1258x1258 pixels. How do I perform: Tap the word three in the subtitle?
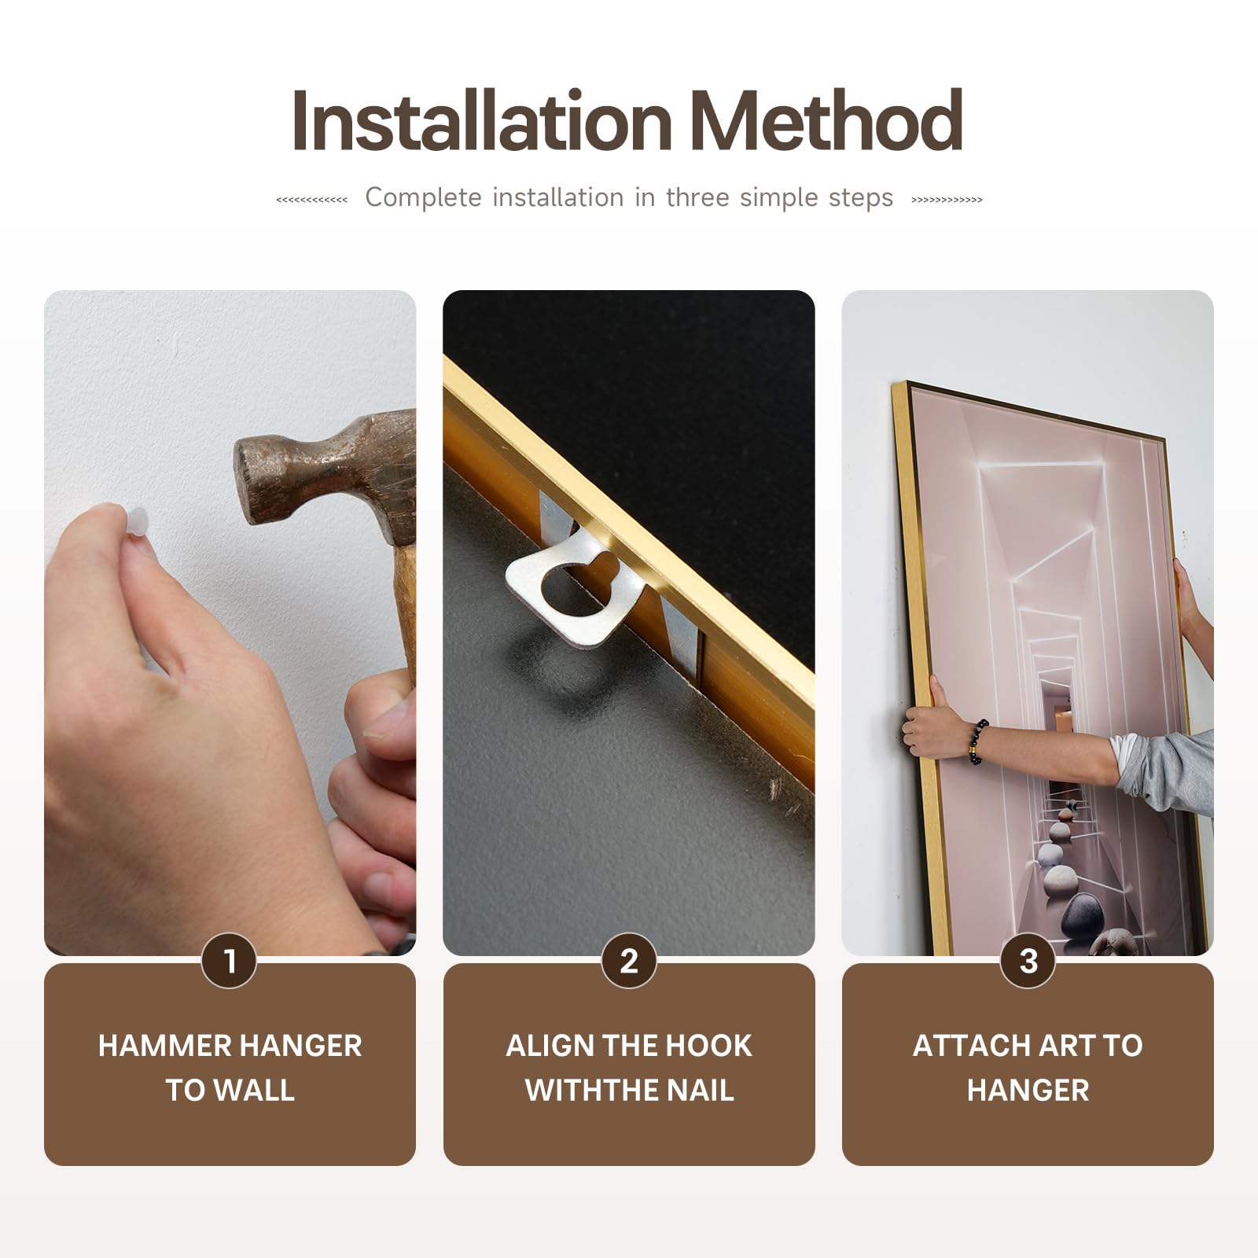pos(697,197)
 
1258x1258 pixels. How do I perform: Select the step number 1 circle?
pos(230,961)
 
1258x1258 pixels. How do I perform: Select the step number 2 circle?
pos(629,961)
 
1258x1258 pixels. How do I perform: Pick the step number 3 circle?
pos(1028,961)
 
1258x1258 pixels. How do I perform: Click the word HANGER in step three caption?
pos(1028,1091)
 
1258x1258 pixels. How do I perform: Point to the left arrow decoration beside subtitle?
pos(312,200)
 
